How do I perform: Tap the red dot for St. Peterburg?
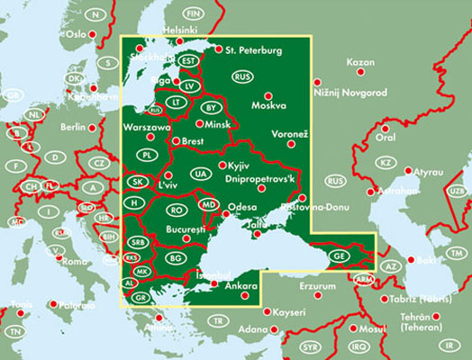point(220,50)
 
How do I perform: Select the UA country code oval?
point(200,173)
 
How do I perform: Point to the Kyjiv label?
point(239,167)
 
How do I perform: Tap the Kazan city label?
point(359,63)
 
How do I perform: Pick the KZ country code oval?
point(386,162)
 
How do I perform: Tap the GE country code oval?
point(338,256)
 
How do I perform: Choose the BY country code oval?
point(212,108)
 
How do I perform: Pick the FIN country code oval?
point(192,13)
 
